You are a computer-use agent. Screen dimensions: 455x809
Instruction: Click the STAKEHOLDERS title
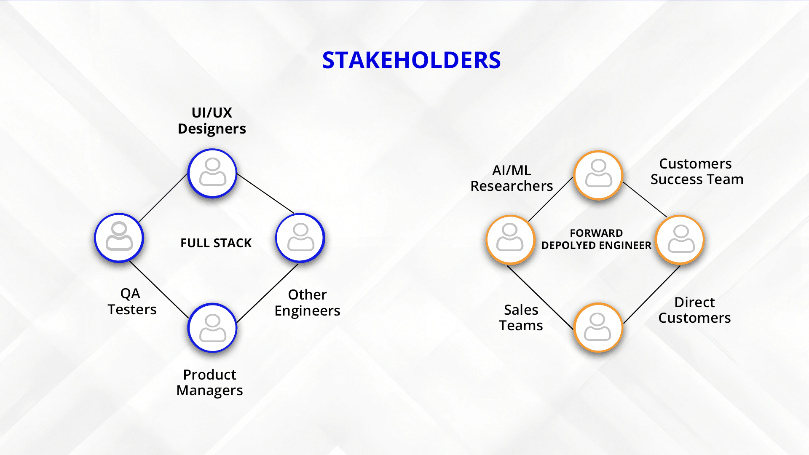pos(411,60)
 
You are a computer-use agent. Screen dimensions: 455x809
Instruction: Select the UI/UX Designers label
pos(212,120)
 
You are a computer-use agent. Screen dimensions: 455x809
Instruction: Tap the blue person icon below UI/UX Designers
pos(212,173)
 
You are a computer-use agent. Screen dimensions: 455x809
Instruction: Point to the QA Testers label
pos(131,301)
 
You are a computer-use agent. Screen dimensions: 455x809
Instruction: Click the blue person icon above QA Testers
pos(119,238)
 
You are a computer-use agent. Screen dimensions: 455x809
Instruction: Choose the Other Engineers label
pos(307,302)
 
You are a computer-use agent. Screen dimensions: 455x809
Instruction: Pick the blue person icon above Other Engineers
pos(300,238)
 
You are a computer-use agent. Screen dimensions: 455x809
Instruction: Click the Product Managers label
pos(210,382)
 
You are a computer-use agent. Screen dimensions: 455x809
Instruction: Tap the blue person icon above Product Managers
pos(212,328)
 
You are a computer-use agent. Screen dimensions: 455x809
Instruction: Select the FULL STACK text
pos(216,243)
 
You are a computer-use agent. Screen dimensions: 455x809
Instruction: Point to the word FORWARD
pos(596,233)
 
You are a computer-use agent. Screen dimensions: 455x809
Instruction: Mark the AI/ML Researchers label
pos(512,178)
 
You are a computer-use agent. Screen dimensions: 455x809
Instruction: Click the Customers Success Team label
pos(697,171)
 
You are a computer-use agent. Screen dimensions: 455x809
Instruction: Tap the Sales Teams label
pos(521,318)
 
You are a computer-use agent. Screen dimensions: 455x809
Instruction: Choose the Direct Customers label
pos(695,310)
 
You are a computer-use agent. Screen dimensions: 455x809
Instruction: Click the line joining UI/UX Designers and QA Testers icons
pos(163,198)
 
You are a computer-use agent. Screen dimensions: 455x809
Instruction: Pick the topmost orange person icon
pos(598,175)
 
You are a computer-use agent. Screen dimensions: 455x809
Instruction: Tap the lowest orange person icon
pos(598,328)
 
